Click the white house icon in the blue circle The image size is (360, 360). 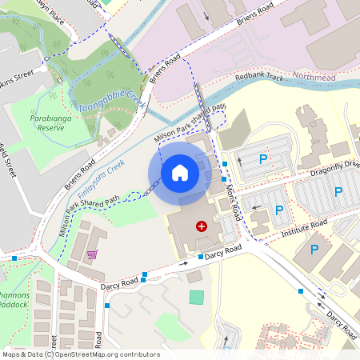[180, 172]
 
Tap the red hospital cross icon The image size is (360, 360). [201, 227]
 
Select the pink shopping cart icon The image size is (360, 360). [92, 254]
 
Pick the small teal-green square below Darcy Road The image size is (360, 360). [197, 297]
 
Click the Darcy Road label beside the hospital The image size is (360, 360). [222, 253]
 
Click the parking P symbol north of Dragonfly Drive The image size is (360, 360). [262, 159]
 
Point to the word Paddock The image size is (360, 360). [14, 305]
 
